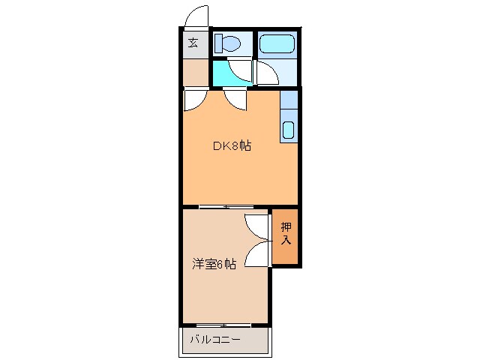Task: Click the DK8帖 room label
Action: [232, 146]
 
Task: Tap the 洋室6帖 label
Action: [214, 264]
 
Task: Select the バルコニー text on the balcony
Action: [214, 339]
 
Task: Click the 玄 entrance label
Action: [193, 43]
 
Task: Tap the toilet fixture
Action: [227, 43]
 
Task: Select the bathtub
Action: [277, 43]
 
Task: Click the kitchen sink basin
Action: [289, 129]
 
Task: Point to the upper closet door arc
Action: [256, 227]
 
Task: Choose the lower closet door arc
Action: [256, 254]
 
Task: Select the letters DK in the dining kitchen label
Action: [222, 146]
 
